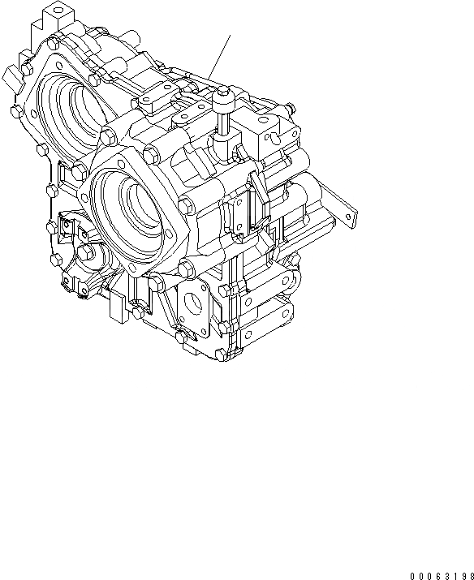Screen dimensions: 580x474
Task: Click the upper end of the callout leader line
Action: tap(230, 33)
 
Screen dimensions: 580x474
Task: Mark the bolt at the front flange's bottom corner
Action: tap(187, 268)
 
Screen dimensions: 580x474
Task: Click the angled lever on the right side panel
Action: tap(259, 192)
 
